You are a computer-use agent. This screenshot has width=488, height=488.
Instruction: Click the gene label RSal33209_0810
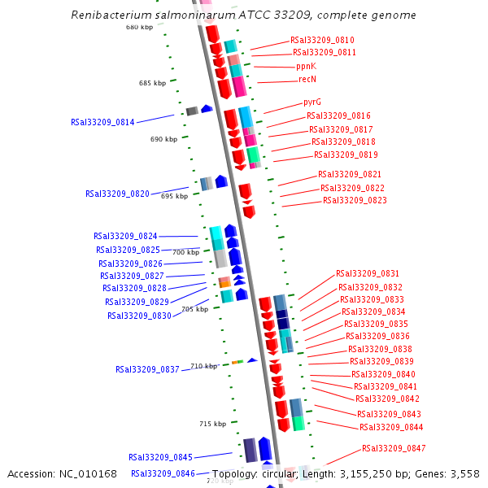[322, 40]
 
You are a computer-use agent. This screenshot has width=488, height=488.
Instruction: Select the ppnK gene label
[306, 66]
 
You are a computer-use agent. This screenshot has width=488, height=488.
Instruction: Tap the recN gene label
[307, 79]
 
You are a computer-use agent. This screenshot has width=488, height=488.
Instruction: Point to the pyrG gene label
[312, 102]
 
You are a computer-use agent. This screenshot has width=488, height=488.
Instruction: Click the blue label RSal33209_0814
[102, 122]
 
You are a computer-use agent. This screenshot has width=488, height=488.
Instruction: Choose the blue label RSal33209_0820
[117, 194]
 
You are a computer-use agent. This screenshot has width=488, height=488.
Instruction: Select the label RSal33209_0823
[355, 200]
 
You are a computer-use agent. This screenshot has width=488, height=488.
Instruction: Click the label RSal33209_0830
[139, 316]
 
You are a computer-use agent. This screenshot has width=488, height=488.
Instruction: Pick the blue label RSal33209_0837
[147, 369]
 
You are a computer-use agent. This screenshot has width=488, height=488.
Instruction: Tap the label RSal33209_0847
[394, 448]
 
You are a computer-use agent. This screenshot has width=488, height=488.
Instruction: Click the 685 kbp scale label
[152, 83]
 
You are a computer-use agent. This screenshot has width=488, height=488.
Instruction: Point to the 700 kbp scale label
[185, 252]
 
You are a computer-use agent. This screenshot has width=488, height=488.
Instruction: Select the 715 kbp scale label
[212, 424]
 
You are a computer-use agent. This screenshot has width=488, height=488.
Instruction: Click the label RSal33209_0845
[160, 457]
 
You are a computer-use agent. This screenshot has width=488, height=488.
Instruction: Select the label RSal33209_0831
[368, 274]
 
